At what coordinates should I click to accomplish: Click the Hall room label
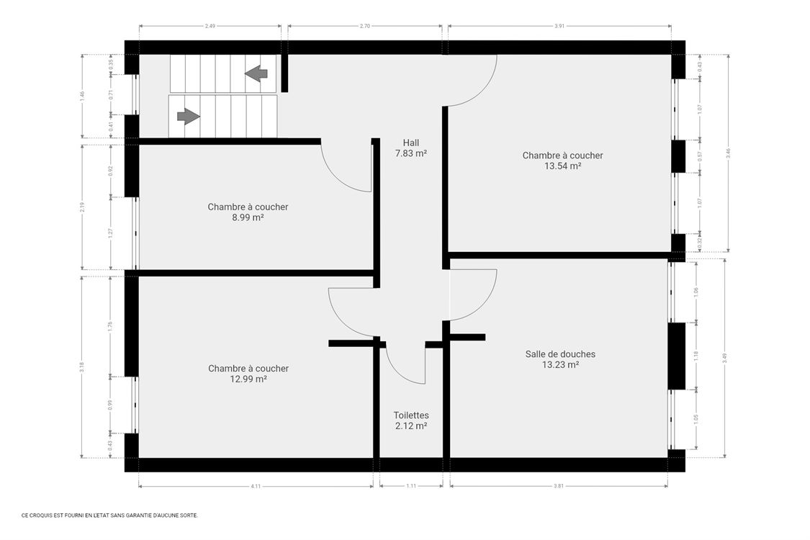point(411,143)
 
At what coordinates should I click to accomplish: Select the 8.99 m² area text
point(248,217)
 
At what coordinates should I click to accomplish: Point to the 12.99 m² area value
point(248,379)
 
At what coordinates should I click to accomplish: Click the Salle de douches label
point(560,354)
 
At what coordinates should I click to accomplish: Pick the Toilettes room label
point(411,415)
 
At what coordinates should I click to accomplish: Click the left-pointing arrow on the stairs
point(256,73)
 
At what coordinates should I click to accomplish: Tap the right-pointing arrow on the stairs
point(188,116)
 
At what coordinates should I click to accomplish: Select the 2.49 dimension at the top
point(210,26)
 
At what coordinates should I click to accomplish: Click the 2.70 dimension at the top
point(365,26)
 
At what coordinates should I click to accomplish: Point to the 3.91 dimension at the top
point(559,26)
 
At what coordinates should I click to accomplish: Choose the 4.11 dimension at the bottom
point(256,487)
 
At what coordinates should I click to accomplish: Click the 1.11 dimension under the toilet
point(411,487)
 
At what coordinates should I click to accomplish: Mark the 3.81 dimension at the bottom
point(559,487)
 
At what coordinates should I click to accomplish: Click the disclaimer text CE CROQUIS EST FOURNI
point(109,516)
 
